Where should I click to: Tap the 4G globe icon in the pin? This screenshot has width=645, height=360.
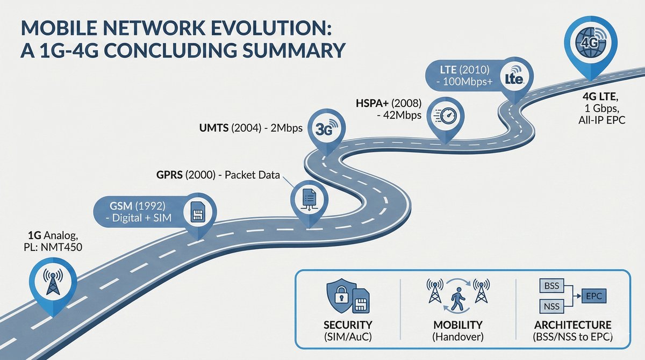(x=591, y=42)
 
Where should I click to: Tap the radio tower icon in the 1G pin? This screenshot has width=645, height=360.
(x=53, y=282)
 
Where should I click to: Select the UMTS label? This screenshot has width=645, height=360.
(x=214, y=128)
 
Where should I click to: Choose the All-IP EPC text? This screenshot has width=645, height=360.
(x=602, y=120)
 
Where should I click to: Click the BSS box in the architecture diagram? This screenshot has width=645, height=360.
(x=551, y=286)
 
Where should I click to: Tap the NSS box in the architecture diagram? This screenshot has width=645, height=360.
(x=551, y=306)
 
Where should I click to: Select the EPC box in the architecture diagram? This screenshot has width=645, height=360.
(x=594, y=296)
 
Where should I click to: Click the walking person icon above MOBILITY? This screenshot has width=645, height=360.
(x=457, y=298)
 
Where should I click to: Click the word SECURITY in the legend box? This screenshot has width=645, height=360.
(x=348, y=325)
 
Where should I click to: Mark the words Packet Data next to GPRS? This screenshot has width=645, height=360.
(x=252, y=175)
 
